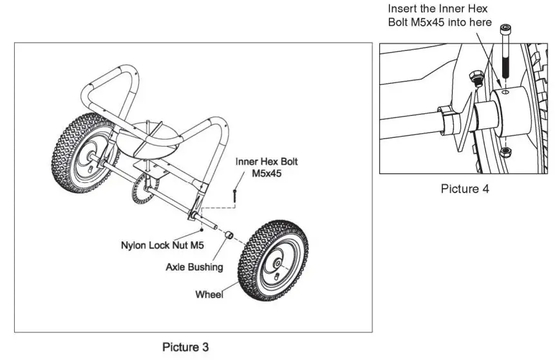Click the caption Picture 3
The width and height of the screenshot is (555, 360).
coord(185,347)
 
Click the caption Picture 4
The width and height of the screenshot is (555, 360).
coord(465,189)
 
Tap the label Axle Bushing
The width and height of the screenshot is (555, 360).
coord(194,266)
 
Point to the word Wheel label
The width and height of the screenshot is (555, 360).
coord(209,295)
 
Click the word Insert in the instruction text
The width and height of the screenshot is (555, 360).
coord(401,9)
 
